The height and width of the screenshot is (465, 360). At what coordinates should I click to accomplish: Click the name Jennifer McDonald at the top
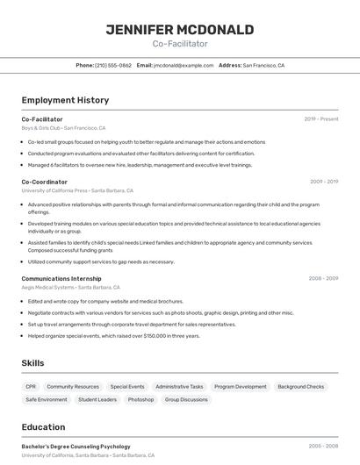coord(179,30)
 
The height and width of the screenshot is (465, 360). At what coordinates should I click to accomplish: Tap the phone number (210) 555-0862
coord(113,65)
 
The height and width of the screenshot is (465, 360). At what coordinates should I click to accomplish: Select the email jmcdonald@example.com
coord(184,65)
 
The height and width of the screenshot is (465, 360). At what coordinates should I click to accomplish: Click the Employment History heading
coord(65,100)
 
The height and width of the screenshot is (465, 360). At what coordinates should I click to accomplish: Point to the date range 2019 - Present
coord(321,118)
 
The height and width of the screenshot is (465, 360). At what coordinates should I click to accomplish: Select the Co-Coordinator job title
coord(44,182)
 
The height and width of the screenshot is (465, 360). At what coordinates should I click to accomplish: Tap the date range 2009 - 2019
coord(324,182)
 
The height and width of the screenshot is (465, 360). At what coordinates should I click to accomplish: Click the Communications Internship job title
coord(61,278)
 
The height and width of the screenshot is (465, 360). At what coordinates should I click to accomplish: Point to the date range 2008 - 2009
coord(323,278)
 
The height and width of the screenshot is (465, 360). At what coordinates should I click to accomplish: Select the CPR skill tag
coord(31,386)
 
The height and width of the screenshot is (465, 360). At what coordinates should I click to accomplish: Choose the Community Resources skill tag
coord(73,386)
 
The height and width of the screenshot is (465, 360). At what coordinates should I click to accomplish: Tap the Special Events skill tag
coord(127,386)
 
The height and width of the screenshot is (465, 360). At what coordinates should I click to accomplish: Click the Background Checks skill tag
coord(300,386)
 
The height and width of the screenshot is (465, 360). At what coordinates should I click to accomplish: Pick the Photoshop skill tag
coord(140,399)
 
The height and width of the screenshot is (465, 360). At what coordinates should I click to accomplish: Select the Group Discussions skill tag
coord(186,399)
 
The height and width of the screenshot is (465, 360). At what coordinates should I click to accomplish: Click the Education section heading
coord(44,427)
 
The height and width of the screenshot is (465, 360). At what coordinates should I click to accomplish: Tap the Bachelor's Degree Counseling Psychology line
coord(76,447)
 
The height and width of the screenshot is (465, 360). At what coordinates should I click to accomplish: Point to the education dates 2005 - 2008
coord(323,447)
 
